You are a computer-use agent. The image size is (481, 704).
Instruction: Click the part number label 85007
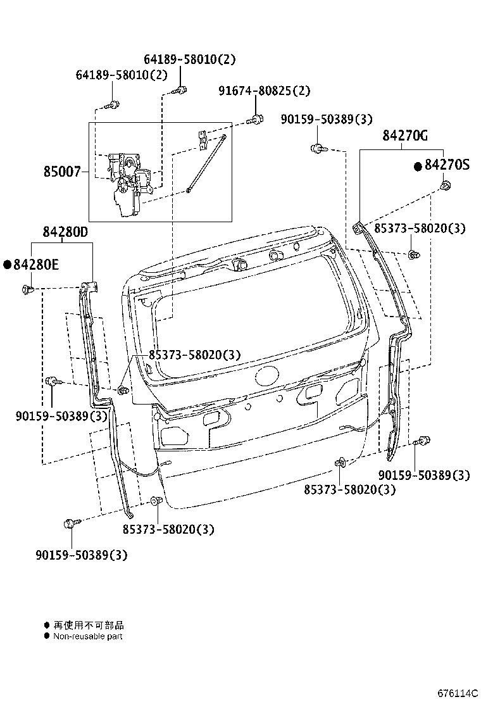[62, 172]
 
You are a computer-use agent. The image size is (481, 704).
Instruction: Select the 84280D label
[65, 232]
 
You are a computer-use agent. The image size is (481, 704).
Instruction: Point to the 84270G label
[405, 135]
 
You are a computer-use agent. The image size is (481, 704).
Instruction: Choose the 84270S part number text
[447, 165]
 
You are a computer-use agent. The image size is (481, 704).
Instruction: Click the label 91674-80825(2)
[265, 91]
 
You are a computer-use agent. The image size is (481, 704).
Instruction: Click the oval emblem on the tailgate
[268, 377]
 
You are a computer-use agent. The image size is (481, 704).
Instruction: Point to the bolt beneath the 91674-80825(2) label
[256, 118]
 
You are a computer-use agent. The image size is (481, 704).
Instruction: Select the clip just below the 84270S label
[445, 186]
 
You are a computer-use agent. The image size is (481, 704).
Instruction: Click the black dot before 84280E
[8, 265]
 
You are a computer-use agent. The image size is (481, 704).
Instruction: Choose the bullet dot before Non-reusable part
[46, 636]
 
